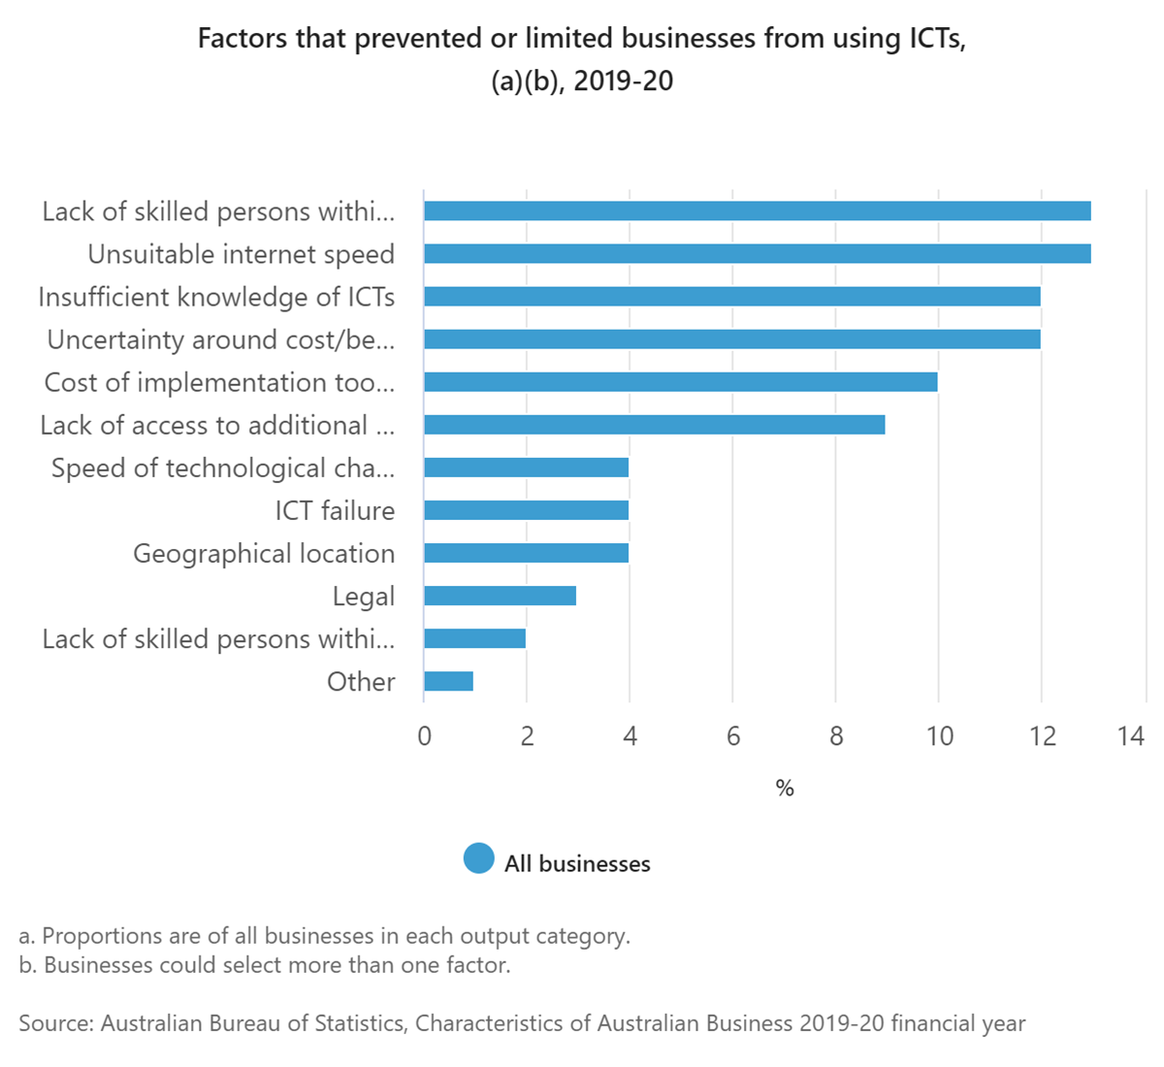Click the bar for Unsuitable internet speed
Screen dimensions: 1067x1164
[x=757, y=254]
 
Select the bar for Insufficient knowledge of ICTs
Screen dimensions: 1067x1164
[x=731, y=297]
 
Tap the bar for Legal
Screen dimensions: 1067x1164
[x=500, y=596]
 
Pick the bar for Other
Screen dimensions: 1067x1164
[x=448, y=681]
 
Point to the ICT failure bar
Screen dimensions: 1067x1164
[x=526, y=510]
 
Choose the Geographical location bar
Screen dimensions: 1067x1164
[x=526, y=553]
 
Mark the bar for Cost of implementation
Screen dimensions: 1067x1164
[x=680, y=382]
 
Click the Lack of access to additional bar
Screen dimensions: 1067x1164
[x=654, y=425]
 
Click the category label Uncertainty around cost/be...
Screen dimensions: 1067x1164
[x=220, y=339]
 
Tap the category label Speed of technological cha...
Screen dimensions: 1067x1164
[x=222, y=468]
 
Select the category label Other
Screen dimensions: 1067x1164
[x=361, y=682]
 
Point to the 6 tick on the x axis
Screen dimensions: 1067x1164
[x=732, y=736]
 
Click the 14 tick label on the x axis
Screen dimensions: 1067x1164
[x=1130, y=736]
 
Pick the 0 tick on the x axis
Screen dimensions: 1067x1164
[x=424, y=736]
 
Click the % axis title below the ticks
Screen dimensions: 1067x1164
[x=785, y=789]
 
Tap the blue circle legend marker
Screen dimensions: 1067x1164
[x=479, y=859]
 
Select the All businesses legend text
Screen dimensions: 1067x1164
[x=577, y=863]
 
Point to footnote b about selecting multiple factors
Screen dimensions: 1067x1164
[x=264, y=965]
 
